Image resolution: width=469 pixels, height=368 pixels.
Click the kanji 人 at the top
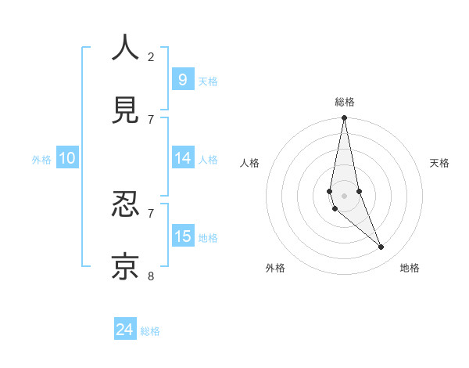(126, 48)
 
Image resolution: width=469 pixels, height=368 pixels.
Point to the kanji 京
(126, 266)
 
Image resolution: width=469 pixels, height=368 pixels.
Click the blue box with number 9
(182, 79)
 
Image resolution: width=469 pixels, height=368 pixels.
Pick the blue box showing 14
(182, 158)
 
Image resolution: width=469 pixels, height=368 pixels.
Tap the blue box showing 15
(182, 236)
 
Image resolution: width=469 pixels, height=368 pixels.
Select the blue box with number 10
(67, 158)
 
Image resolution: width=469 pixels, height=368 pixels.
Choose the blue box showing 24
(124, 330)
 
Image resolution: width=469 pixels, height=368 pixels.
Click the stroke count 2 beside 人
(151, 56)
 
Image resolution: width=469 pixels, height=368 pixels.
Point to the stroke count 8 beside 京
(151, 275)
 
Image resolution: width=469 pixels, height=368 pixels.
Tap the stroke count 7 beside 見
(151, 119)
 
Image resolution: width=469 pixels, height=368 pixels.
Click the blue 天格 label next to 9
(208, 81)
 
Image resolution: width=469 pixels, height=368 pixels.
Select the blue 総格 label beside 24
(150, 331)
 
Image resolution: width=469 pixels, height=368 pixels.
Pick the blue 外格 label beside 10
(41, 160)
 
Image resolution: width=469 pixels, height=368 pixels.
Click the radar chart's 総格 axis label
(344, 101)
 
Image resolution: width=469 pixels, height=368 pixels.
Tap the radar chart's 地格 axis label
(410, 268)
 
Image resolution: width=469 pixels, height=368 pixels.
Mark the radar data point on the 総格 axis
(344, 118)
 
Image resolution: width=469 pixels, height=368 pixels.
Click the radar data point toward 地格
(381, 247)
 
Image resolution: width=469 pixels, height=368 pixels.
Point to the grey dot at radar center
(344, 195)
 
